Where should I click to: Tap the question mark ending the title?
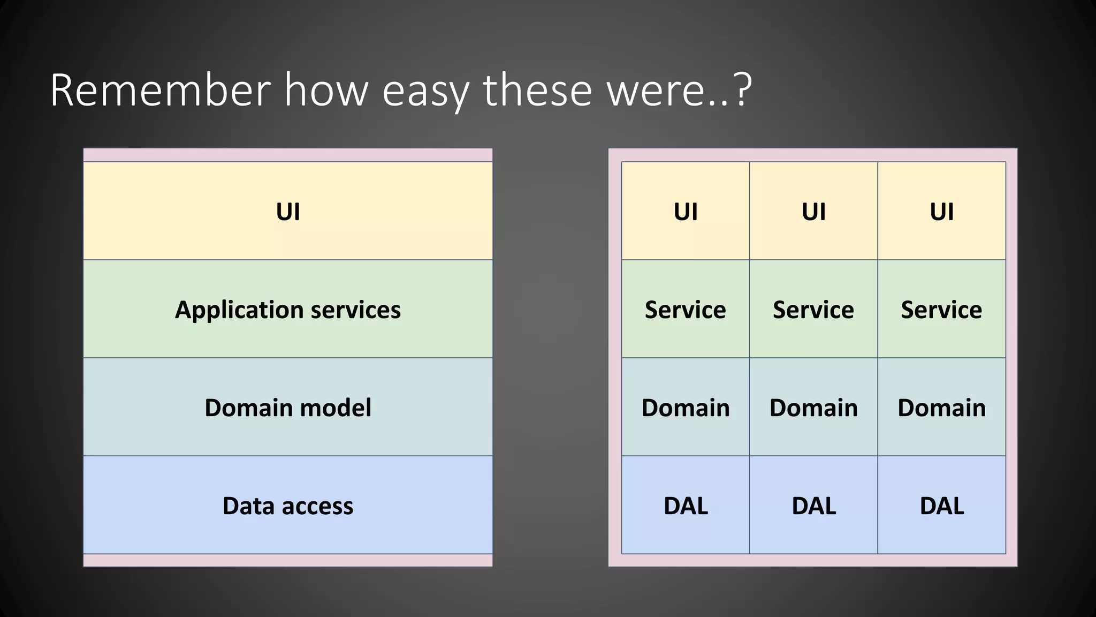[x=743, y=89]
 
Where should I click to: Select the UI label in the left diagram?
[x=288, y=212]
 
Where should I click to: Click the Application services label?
[x=288, y=310]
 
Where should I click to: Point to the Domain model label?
[x=288, y=408]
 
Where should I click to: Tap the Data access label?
[x=288, y=506]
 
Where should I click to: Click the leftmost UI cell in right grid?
[x=686, y=212]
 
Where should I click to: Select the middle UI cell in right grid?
[x=813, y=212]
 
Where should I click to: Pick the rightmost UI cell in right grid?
[x=941, y=212]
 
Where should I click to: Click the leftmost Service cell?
[x=686, y=310]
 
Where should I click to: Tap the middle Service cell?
[x=813, y=310]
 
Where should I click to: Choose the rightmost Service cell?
[x=941, y=310]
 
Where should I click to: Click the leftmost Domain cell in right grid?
[x=686, y=408]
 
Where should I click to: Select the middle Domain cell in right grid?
[x=813, y=408]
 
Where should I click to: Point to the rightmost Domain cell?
[x=941, y=408]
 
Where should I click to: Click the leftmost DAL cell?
[x=686, y=506]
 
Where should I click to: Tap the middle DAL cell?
[x=813, y=506]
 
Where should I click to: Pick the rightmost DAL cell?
[x=941, y=506]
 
